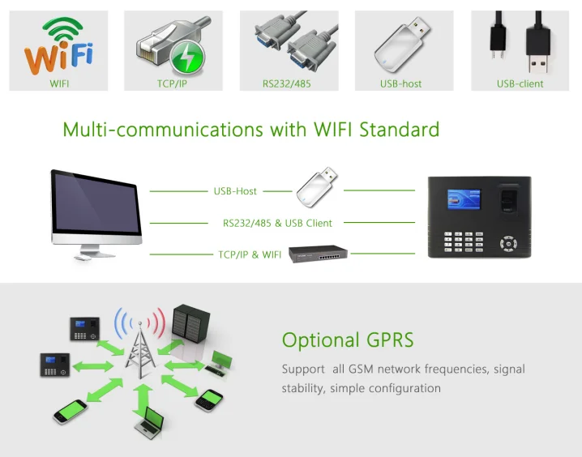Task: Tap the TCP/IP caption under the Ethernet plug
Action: (173, 83)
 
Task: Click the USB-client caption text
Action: (520, 83)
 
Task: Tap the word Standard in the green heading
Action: (399, 129)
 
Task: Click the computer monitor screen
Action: (96, 206)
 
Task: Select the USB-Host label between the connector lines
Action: (235, 191)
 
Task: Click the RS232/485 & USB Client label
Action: (277, 223)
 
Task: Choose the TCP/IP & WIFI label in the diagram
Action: (250, 254)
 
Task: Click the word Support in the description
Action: (303, 369)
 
